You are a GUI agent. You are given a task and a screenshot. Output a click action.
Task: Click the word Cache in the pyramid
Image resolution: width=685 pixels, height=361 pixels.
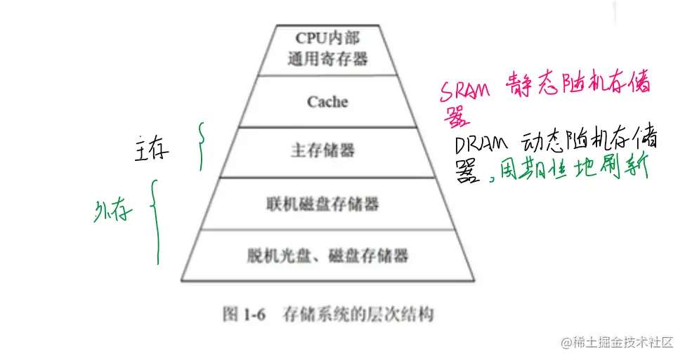coord(327,102)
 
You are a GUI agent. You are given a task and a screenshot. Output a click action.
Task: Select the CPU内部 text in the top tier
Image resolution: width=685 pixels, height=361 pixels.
coord(327,38)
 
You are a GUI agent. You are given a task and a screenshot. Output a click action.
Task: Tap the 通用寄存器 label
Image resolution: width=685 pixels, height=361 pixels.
coord(327,59)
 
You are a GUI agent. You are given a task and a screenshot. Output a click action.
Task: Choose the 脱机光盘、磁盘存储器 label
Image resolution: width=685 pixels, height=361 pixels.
coord(327,255)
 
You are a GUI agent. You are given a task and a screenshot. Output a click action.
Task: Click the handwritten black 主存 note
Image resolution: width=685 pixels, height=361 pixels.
coord(152,150)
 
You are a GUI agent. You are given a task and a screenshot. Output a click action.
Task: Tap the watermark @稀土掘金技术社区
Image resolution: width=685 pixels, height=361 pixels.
coord(616,342)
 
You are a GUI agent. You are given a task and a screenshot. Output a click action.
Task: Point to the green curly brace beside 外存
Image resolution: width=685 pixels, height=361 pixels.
coord(155,221)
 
